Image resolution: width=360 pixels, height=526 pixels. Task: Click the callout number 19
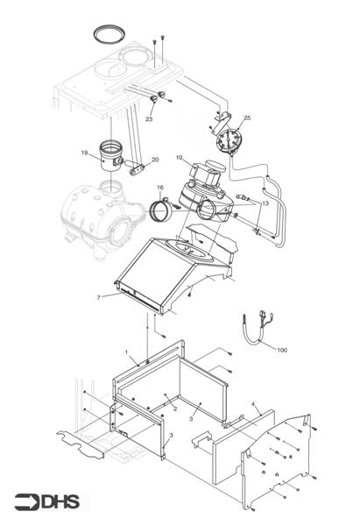point(85,153)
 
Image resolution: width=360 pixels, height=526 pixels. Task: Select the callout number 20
point(155,160)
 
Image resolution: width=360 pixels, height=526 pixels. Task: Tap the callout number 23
point(149,118)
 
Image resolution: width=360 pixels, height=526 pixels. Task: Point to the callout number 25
point(247,117)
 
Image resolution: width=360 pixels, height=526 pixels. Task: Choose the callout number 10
point(179,158)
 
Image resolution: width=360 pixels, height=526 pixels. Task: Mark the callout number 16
point(160,188)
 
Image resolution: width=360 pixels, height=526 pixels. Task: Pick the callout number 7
point(98,297)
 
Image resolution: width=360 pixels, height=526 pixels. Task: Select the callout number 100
point(281,350)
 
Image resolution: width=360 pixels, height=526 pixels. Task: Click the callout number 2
point(174,409)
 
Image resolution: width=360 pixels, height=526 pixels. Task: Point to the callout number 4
point(254,405)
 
